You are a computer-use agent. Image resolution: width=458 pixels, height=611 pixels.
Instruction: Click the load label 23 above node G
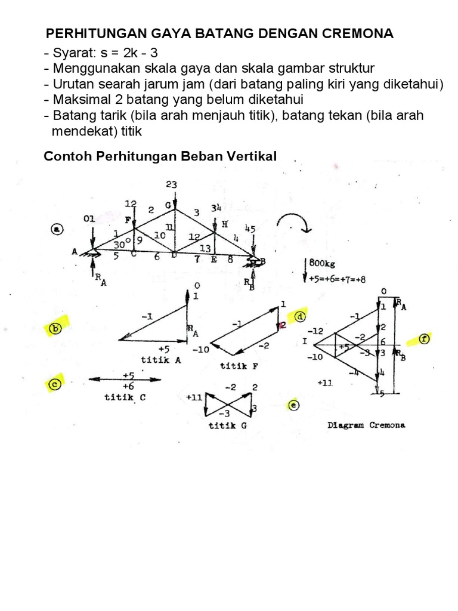point(172,185)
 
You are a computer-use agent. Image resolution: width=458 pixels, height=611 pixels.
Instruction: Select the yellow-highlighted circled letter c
point(54,385)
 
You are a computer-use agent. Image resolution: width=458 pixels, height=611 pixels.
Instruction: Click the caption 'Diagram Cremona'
point(366,425)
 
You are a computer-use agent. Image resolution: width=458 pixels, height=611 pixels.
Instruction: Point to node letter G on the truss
point(169,205)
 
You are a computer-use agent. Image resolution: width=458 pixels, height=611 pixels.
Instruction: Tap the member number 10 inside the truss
point(159,236)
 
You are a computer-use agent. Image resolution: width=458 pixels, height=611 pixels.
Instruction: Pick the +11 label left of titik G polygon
point(194,397)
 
